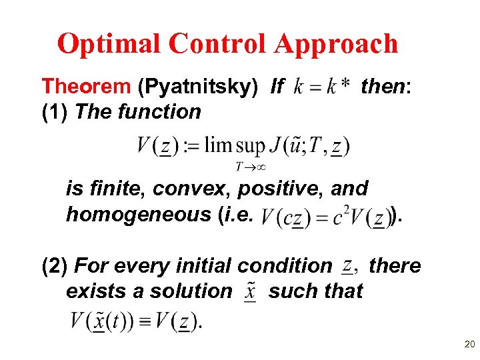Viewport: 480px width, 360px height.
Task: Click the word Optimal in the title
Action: tap(109, 44)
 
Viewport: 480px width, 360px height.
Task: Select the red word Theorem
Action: tap(86, 86)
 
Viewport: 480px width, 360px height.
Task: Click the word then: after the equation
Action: tap(387, 85)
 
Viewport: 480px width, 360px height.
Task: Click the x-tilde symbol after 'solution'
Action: tap(251, 292)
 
